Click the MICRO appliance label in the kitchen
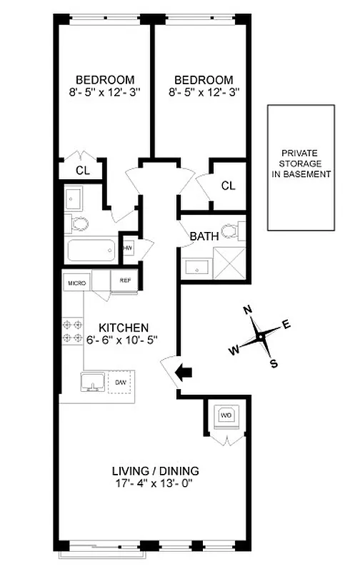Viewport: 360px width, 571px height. [x=77, y=283]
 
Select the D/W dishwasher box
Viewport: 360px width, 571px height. [x=121, y=383]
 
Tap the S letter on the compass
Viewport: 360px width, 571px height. [x=273, y=364]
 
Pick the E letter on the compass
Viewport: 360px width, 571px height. [x=286, y=324]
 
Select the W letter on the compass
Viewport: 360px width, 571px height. [x=234, y=350]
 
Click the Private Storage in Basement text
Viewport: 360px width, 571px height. [x=306, y=163]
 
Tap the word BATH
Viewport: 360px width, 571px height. [x=204, y=236]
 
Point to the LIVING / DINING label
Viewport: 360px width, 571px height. [x=155, y=471]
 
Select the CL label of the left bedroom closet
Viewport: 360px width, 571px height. [x=83, y=171]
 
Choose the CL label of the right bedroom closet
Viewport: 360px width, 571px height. [x=228, y=186]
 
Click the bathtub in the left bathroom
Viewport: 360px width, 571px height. [x=91, y=251]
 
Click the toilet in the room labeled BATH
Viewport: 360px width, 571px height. [x=230, y=231]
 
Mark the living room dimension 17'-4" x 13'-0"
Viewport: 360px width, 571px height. [x=155, y=484]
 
